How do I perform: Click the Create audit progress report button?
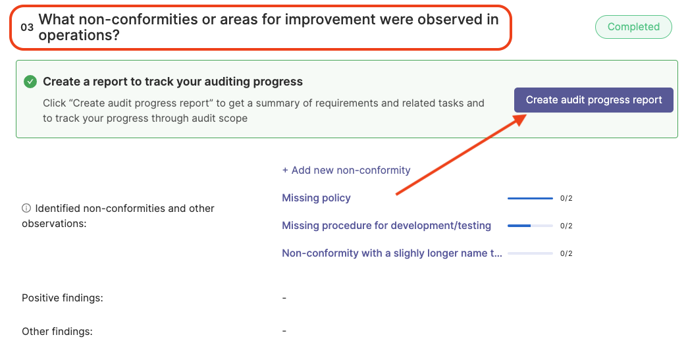(594, 100)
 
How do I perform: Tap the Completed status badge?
(633, 27)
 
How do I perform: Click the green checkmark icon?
(30, 82)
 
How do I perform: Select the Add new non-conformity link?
(346, 170)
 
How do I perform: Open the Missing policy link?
(317, 197)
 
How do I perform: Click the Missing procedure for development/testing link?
(386, 225)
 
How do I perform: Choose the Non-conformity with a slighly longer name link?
(392, 253)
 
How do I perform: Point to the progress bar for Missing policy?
(530, 198)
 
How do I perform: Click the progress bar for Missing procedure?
(530, 226)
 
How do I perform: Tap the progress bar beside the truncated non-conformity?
(530, 253)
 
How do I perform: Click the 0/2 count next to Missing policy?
(566, 198)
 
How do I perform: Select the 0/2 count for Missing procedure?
(566, 226)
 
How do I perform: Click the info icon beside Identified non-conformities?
(26, 208)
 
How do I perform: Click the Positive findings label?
(63, 298)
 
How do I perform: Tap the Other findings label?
(57, 332)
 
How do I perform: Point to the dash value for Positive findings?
(284, 298)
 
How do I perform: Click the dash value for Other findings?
(284, 332)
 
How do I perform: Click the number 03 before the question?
(27, 27)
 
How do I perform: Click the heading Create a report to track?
(173, 82)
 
